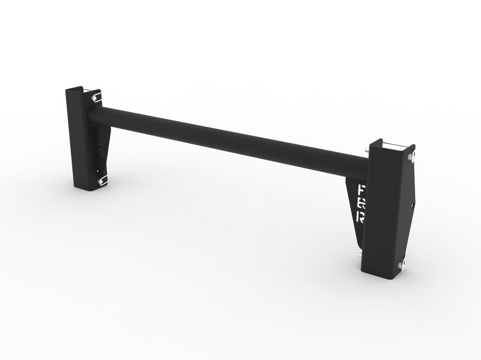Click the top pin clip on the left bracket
coord(96,98)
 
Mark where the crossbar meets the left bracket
coord(92,115)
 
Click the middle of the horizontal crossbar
coord(230,140)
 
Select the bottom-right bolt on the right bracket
coord(401,266)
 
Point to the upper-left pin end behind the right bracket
coord(367,149)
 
